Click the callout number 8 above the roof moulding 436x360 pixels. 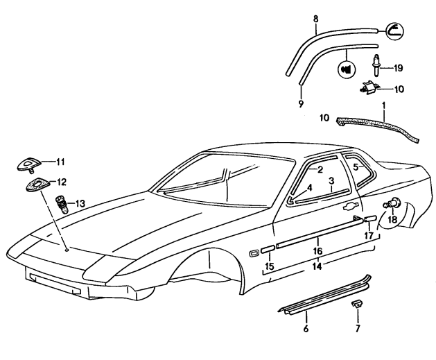[x=315, y=19]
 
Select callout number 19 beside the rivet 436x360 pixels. [x=398, y=68]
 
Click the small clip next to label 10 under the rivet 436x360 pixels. [x=374, y=87]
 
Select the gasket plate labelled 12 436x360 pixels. [x=34, y=184]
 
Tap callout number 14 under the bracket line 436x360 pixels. [x=317, y=266]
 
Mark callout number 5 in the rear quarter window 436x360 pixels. [x=356, y=167]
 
